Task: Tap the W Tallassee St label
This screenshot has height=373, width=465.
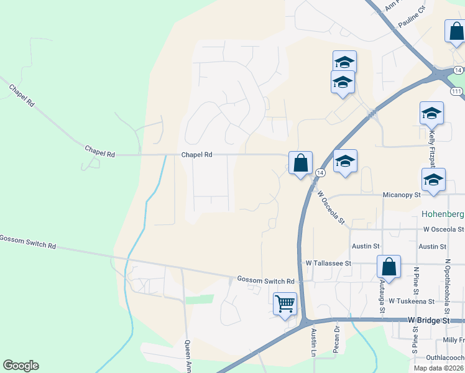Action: click(328, 263)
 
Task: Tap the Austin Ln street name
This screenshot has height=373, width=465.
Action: click(314, 343)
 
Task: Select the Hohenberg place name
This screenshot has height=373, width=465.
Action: click(443, 214)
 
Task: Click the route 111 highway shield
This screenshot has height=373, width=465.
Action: click(457, 91)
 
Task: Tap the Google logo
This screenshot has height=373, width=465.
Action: click(21, 366)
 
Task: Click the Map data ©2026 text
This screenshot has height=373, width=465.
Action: click(438, 368)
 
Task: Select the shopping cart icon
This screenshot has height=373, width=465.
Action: click(285, 305)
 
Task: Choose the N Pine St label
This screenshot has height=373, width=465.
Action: click(415, 281)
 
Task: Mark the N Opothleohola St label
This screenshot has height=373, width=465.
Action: click(447, 287)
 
